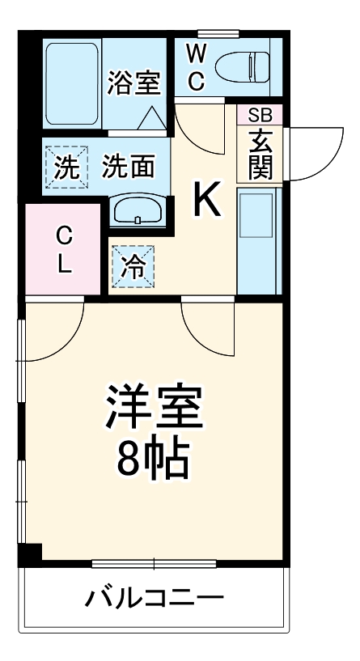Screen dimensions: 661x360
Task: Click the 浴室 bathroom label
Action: click(135, 82)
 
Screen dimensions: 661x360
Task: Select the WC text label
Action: click(196, 68)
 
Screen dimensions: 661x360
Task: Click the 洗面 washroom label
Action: click(129, 167)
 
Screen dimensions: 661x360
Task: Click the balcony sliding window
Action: click(154, 562)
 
